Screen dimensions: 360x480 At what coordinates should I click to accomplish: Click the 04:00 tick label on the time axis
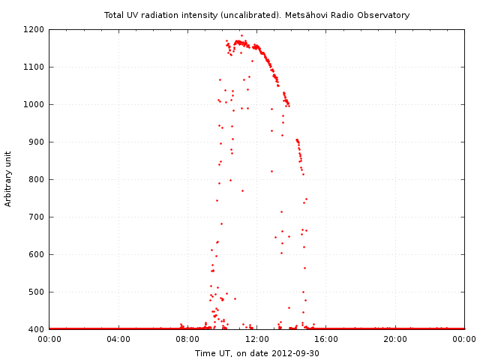coord(118,339)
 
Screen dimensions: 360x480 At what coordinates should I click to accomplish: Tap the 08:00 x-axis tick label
coord(187,339)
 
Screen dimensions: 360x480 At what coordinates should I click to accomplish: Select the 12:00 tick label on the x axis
coord(257,339)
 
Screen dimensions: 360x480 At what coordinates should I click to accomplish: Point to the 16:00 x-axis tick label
coord(326,339)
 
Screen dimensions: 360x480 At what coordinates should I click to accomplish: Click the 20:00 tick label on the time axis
coord(395,339)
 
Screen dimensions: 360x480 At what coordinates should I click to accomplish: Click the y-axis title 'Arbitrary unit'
coord(9,179)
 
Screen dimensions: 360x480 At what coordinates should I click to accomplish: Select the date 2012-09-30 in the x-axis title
coord(295,353)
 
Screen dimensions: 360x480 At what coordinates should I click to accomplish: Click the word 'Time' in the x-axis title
coord(205,353)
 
